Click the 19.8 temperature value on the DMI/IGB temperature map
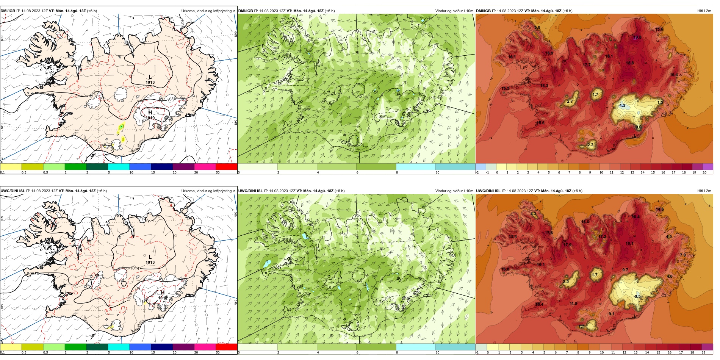[x=637, y=37]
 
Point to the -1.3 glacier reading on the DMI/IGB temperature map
[x=622, y=105]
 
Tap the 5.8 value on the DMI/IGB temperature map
[x=537, y=27]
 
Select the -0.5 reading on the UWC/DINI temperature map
[x=637, y=296]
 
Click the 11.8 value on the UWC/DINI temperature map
[x=573, y=304]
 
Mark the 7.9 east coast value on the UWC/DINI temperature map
[x=682, y=255]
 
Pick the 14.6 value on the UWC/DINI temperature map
[x=660, y=209]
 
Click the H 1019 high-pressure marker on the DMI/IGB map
[x=150, y=115]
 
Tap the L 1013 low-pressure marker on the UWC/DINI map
[x=150, y=259]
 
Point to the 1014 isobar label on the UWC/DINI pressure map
[x=135, y=268]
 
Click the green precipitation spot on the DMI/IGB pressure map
[x=121, y=127]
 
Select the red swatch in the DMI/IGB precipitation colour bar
[x=227, y=167]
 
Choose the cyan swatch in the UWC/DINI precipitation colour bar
[x=119, y=347]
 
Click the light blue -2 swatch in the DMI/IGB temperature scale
[x=481, y=167]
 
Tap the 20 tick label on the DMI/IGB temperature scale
[x=704, y=172]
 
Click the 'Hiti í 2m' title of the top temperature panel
[x=704, y=11]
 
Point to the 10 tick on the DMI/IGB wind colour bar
[x=437, y=172]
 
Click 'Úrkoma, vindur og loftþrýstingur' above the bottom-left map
[x=208, y=191]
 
